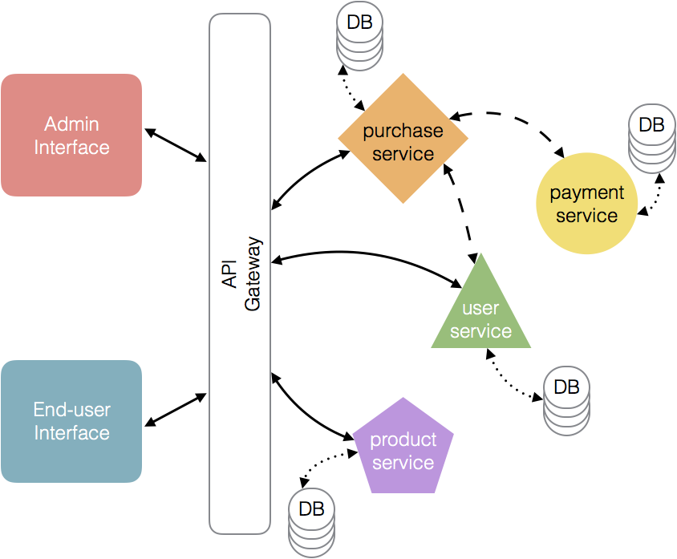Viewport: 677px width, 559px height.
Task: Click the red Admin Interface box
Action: (x=71, y=135)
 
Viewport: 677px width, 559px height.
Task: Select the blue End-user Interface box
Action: (x=71, y=421)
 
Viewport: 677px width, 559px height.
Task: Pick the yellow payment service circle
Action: (x=586, y=204)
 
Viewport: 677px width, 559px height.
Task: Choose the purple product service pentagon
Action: (x=403, y=449)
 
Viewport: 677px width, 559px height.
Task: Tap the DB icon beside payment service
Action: (x=651, y=140)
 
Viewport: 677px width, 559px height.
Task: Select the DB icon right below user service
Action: (x=566, y=401)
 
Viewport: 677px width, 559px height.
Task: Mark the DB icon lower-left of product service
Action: (x=311, y=522)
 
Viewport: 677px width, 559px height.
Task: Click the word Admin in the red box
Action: (x=71, y=124)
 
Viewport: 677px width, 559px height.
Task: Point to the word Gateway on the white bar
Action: (x=253, y=273)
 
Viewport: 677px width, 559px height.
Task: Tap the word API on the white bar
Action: (x=229, y=273)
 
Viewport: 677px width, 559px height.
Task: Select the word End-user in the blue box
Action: (x=71, y=410)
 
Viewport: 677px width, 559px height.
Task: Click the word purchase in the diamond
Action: (x=403, y=131)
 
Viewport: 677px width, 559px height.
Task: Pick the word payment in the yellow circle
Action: (x=586, y=193)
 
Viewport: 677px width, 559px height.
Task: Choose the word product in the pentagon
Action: (x=403, y=440)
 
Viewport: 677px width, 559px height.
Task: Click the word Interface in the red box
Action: (x=71, y=148)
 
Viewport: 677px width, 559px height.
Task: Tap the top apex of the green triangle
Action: (x=480, y=257)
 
